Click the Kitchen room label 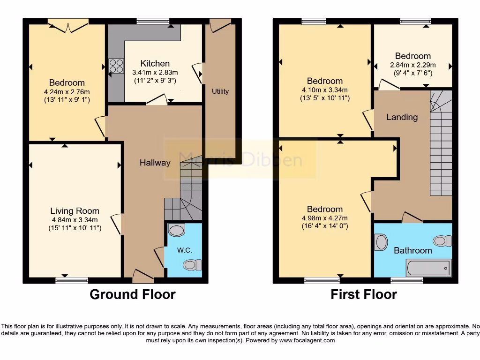pyautogui.click(x=155, y=63)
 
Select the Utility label pyautogui.click(x=220, y=91)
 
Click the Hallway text pyautogui.click(x=155, y=163)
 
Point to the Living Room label pyautogui.click(x=75, y=211)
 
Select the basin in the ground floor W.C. pyautogui.click(x=176, y=230)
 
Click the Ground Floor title pyautogui.click(x=132, y=294)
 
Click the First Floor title pyautogui.click(x=364, y=294)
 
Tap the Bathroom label pyautogui.click(x=412, y=250)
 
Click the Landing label pyautogui.click(x=402, y=117)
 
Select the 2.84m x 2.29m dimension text pyautogui.click(x=412, y=65)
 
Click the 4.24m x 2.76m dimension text pyautogui.click(x=66, y=91)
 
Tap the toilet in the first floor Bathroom pyautogui.click(x=442, y=241)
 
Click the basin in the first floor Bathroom pyautogui.click(x=381, y=242)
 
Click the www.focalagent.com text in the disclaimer pyautogui.click(x=307, y=340)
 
